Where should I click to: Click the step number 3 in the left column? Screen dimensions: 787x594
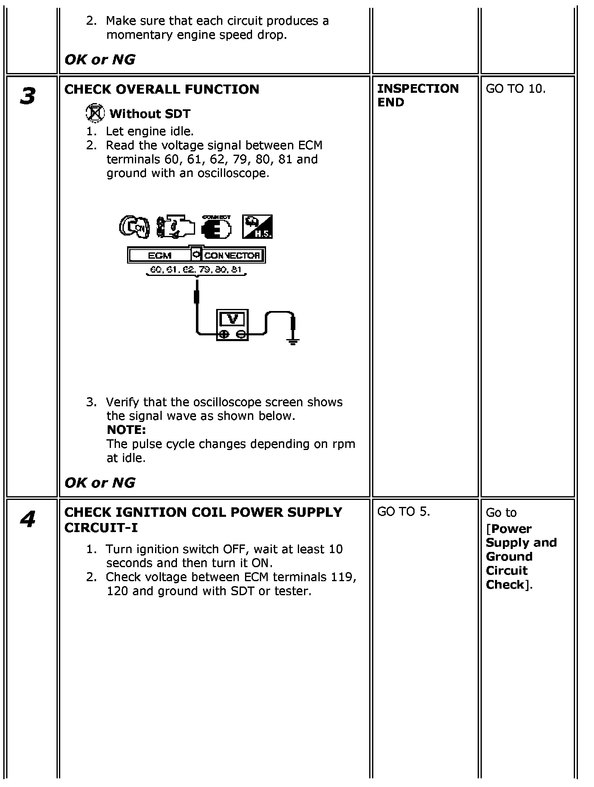28,96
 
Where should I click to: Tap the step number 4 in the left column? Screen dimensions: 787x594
28,519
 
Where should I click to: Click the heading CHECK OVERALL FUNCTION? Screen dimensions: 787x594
162,89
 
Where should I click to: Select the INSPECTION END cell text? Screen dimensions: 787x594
417,95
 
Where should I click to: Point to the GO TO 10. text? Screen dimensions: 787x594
516,89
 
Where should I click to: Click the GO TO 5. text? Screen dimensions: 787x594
403,511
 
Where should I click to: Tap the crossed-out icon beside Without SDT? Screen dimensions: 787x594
95,113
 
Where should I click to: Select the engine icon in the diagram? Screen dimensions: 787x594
174,226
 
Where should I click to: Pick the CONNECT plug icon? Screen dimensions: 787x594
216,226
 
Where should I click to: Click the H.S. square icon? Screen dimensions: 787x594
257,226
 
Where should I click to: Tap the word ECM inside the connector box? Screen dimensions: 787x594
159,255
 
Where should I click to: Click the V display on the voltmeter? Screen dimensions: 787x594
233,319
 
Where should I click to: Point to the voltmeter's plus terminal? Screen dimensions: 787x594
224,334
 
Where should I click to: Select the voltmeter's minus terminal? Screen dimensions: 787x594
242,334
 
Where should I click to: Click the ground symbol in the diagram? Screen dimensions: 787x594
293,340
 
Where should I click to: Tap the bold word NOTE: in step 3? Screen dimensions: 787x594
126,430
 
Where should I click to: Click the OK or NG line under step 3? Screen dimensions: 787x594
100,482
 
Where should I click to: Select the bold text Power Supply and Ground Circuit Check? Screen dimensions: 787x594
521,557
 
